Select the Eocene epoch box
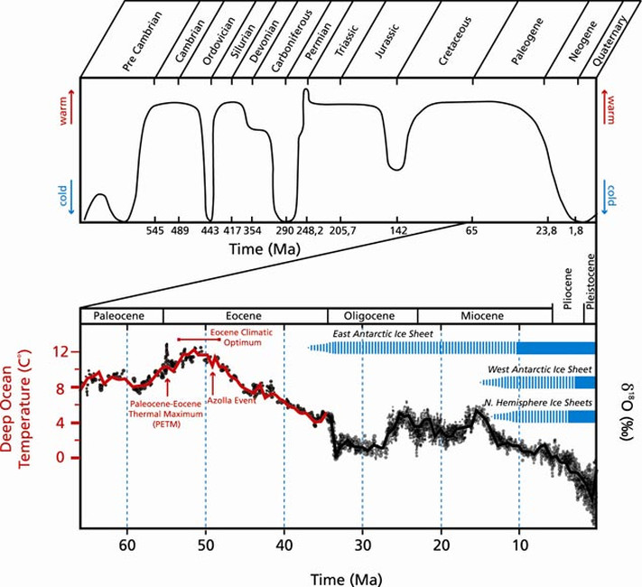click(x=246, y=316)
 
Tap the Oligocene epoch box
click(x=372, y=316)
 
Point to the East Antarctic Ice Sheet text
click(x=383, y=334)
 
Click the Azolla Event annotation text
click(x=231, y=400)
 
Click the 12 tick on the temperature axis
click(x=63, y=351)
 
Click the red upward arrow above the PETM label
click(x=168, y=385)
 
